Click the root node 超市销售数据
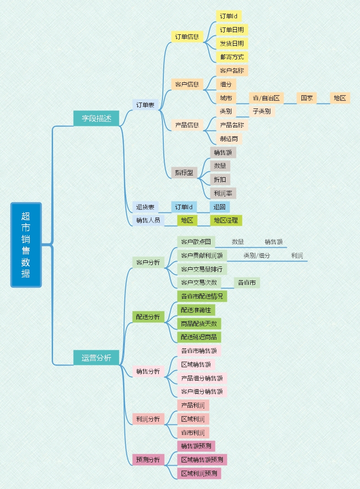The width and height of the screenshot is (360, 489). pos(26,245)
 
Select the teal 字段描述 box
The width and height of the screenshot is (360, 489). pos(96,118)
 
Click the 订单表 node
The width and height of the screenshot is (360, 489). pos(145,105)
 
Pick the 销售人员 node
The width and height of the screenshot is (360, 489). pos(148,220)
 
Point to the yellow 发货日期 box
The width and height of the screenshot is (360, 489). pos(231,43)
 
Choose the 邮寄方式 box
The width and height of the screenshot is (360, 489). pos(231,57)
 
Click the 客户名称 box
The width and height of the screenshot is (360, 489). pos(231,71)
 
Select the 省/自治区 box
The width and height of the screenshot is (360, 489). pos(266,98)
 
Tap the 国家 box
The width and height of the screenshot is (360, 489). pos(306,98)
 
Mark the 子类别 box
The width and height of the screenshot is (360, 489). pos(262,111)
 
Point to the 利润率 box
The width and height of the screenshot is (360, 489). pos(223,193)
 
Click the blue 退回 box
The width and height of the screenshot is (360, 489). pos(220,207)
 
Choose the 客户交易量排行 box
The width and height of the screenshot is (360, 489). pos(202,269)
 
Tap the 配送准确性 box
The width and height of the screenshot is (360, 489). pos(196,310)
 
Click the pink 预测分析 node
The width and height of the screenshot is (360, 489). pos(148,460)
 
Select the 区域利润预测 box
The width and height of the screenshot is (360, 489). pos(199,473)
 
